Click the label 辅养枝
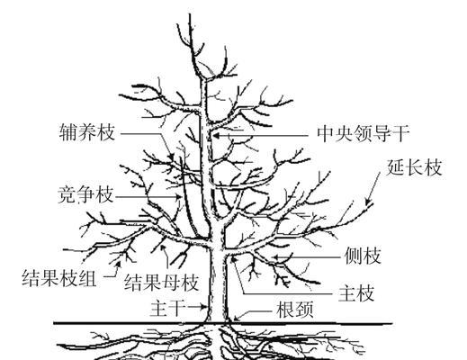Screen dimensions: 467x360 pos(87,132)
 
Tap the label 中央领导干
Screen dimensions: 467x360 pos(364,133)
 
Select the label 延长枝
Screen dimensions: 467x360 pos(415,166)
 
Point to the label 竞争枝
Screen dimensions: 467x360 pos(85,194)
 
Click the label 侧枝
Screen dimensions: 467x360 pos(363,256)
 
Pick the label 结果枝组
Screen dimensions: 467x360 pos(59,277)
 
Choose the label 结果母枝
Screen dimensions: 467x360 pos(162,282)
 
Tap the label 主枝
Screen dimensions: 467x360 pos(356,292)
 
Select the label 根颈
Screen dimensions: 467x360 pos(295,309)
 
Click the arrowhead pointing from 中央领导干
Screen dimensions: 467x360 pos(216,136)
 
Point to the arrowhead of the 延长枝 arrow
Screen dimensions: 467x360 pos(367,202)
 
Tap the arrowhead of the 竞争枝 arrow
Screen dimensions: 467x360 pos(179,197)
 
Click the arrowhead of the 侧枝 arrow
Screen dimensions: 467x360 pos(277,257)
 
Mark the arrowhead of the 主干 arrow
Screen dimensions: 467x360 pos(204,307)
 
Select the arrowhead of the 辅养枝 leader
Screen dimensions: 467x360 pos(172,157)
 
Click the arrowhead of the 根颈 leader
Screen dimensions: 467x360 pos(237,319)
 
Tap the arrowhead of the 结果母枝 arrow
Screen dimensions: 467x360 pos(163,247)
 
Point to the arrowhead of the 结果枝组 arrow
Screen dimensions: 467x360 pos(118,264)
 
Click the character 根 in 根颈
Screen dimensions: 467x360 pos(286,309)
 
